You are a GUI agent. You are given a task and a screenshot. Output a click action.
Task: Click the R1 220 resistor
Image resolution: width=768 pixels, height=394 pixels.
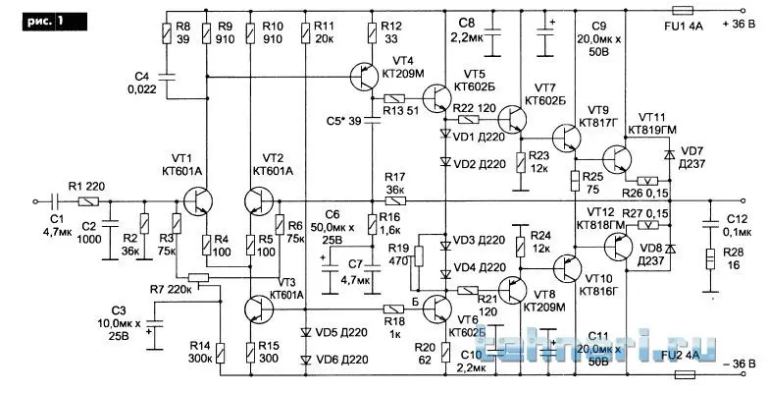88,202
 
